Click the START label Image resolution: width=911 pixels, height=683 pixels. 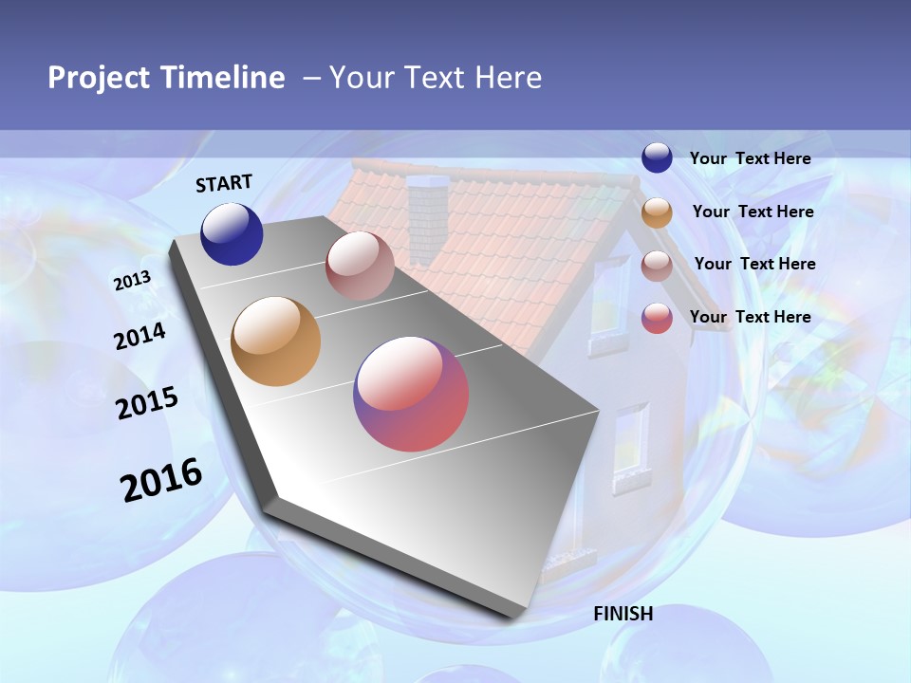(224, 183)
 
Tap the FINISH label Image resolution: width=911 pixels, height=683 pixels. (623, 614)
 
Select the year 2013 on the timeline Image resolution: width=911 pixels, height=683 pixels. (132, 281)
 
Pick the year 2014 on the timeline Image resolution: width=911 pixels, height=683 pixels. (139, 336)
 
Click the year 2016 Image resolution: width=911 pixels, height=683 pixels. (161, 480)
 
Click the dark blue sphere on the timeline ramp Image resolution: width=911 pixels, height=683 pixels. (232, 233)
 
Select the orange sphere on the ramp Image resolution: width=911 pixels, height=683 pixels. (275, 341)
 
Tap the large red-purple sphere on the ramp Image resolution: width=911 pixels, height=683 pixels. (411, 394)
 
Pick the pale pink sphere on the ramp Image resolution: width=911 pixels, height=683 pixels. (360, 266)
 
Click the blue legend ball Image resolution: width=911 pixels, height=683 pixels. (657, 158)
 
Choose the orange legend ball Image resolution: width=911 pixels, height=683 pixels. (657, 212)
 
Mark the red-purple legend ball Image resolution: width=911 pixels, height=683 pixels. (657, 318)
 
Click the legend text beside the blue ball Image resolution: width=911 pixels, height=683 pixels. (750, 159)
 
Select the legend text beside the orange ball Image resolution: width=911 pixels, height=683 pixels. (753, 212)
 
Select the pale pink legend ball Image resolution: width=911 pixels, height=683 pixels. (657, 266)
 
